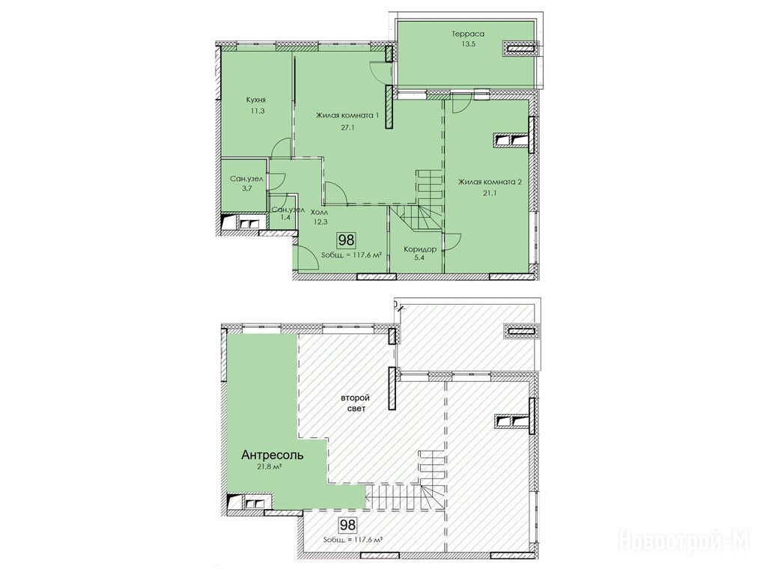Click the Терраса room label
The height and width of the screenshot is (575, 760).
pos(468,34)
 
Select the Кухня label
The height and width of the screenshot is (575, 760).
pos(255,100)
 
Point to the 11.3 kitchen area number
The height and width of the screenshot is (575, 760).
pos(255,111)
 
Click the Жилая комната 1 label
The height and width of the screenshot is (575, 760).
pos(347,115)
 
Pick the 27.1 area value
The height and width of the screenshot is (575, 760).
pos(347,128)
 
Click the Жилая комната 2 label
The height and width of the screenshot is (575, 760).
pos(490,182)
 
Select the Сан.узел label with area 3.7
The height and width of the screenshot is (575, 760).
pos(246,179)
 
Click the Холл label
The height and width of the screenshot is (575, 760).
pos(319,212)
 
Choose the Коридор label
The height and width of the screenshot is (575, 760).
pos(420,249)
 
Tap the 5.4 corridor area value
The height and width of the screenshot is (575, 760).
pos(420,258)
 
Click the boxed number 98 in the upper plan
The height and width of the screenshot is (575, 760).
pos(347,240)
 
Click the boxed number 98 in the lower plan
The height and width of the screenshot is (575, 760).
pos(347,525)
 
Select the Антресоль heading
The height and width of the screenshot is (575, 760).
pos(273,455)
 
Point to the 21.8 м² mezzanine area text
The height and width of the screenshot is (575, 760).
pos(270,467)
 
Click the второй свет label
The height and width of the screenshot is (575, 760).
pos(355,404)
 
